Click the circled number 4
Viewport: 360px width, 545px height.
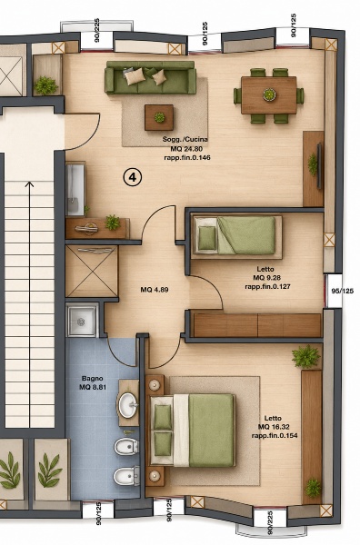tap(133, 177)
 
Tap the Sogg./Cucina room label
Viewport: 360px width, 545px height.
tap(185, 139)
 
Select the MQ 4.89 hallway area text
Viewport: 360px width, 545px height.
tap(155, 290)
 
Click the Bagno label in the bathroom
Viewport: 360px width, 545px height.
tap(92, 378)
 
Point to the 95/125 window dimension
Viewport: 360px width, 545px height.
tap(342, 291)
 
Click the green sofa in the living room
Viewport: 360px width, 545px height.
tap(151, 77)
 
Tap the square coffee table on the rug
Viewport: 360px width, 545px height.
tap(159, 117)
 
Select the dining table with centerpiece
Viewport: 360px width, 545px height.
tap(269, 94)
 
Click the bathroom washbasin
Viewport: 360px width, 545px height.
tap(128, 404)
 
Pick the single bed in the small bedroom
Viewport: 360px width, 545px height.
tap(237, 235)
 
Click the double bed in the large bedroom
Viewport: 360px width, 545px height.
tap(193, 430)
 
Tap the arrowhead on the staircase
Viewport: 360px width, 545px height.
tap(30, 184)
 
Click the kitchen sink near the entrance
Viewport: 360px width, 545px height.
tap(75, 190)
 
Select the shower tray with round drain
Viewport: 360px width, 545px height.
tap(82, 322)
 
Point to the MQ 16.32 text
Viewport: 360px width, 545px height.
tap(274, 427)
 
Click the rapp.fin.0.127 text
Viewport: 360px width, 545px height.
tap(267, 287)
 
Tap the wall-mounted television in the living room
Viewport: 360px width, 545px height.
tap(319, 166)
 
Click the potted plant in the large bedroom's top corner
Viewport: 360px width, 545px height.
tap(305, 356)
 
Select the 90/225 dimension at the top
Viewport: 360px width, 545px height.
tap(97, 30)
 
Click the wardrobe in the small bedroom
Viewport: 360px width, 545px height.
tap(257, 325)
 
